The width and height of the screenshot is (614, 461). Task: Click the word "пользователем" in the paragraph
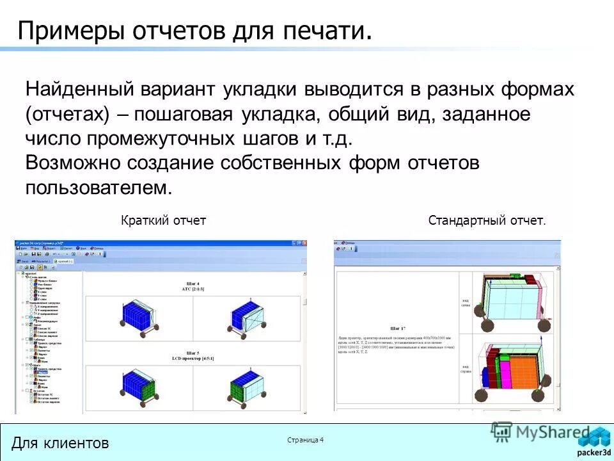click(99, 188)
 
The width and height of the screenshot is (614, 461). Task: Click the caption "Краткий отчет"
click(163, 221)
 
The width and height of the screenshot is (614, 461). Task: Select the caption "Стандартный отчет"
click(487, 221)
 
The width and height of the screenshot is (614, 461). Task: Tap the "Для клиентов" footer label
click(60, 442)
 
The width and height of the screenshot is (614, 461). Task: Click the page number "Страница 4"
click(306, 439)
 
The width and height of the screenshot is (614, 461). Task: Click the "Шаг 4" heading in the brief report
click(193, 283)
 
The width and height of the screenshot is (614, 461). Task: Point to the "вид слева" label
click(466, 302)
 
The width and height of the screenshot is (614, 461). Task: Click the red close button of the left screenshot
click(304, 244)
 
